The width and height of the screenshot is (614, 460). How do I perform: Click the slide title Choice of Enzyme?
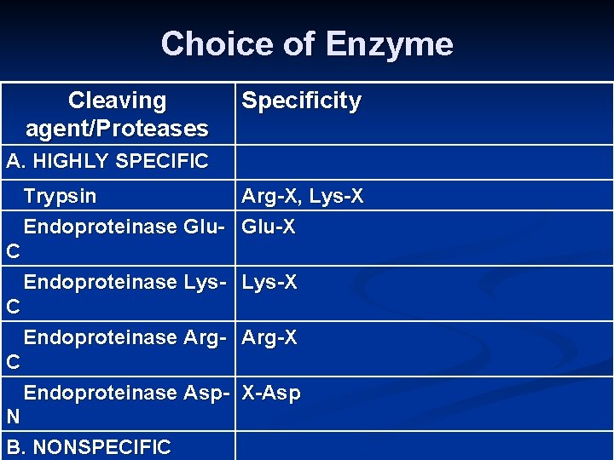307,43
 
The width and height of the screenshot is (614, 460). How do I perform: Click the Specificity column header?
301,101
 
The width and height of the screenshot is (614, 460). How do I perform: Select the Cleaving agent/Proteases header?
118,115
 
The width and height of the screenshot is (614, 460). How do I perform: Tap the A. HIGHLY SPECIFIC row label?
107,161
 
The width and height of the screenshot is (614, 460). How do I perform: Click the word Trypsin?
60,197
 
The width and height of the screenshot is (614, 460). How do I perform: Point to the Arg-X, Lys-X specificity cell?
303,197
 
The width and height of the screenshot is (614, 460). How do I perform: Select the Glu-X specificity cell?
269,227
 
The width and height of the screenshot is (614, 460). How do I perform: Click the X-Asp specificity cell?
271,394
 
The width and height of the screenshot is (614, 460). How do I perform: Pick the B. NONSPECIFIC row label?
88,447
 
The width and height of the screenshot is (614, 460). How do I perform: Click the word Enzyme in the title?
391,43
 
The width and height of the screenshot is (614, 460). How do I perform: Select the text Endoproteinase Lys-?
125,282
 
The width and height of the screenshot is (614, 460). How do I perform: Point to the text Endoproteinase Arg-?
125,338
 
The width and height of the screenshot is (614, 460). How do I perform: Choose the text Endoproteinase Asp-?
126,394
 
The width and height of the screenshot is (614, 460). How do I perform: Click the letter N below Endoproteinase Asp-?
12,417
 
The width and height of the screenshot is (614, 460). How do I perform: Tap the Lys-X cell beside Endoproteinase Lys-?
269,282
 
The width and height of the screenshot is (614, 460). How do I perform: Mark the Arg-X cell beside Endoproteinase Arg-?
269,338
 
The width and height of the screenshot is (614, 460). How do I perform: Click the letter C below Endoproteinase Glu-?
12,251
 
